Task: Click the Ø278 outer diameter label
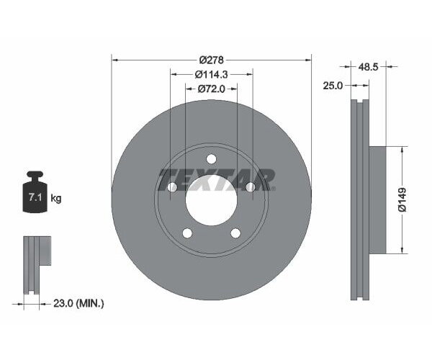tap(211, 59)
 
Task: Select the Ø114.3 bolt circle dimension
tap(211, 74)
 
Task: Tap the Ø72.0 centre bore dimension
tap(211, 89)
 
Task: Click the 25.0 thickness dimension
tap(333, 85)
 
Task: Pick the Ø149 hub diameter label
tap(403, 199)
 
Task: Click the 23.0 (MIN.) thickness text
tap(79, 304)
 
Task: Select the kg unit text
tap(55, 198)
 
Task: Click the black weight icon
tap(34, 192)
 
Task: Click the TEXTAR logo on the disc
tap(216, 179)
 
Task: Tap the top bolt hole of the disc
tap(211, 159)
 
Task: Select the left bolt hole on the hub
tap(172, 187)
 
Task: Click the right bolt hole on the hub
tap(250, 187)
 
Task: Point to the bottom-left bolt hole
tap(187, 233)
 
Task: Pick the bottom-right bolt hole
tap(235, 233)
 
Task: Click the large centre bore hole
tap(211, 199)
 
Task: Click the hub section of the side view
tap(377, 199)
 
